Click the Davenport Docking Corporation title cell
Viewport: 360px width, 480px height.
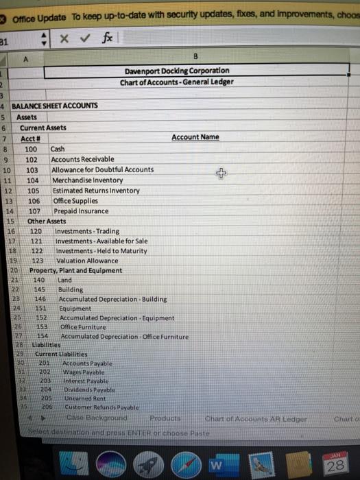[x=177, y=71]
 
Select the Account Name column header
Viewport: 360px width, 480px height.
[x=195, y=137]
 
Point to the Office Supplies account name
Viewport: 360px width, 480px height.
[x=73, y=202]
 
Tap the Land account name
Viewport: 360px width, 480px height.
[x=64, y=280]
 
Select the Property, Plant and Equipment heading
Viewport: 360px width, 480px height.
[x=75, y=271]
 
